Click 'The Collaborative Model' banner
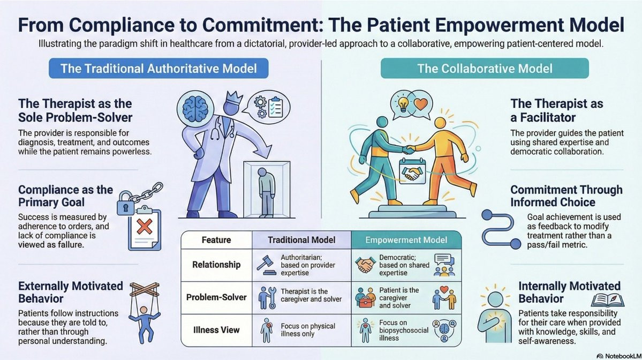tap(485, 69)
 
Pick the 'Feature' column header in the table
tap(216, 240)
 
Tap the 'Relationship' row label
tap(216, 264)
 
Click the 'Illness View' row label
tap(216, 329)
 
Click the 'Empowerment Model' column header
tap(406, 240)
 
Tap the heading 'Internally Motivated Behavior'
tap(569, 292)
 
